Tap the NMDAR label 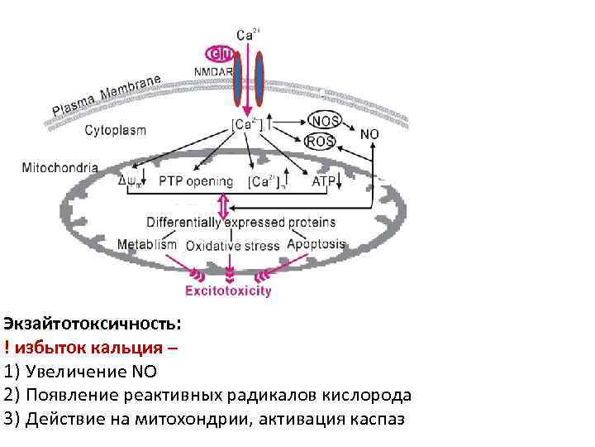tap(213, 72)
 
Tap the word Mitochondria tap(59, 167)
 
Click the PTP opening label tap(196, 181)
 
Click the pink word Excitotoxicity tap(227, 291)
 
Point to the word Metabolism tap(147, 245)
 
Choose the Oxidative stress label tap(233, 246)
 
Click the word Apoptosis tap(317, 244)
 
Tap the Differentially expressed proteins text tap(240, 222)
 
